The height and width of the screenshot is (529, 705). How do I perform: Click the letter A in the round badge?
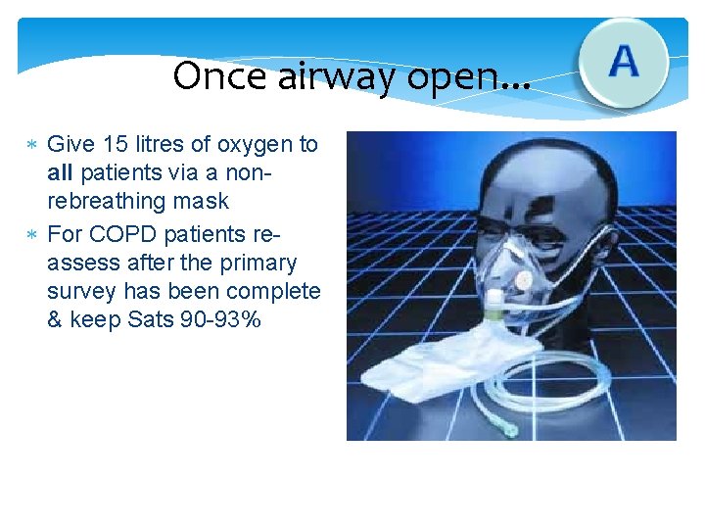click(x=624, y=62)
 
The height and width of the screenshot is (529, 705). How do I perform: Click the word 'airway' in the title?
click(x=332, y=75)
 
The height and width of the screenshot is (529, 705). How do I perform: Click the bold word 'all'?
click(x=61, y=173)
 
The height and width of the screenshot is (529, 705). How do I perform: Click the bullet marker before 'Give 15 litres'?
click(x=31, y=146)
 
